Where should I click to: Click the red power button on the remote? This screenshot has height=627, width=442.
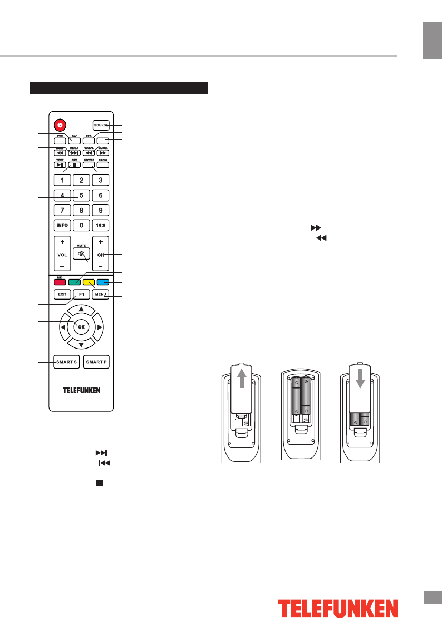coord(61,125)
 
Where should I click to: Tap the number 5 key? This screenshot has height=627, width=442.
coord(81,195)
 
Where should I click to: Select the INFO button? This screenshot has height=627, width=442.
coord(62,225)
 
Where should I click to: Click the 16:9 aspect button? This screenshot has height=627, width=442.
coord(100,225)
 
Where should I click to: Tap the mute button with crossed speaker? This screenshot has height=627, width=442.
coord(81,254)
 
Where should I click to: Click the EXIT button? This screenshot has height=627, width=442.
coord(62,294)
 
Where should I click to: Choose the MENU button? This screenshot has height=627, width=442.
coord(100,294)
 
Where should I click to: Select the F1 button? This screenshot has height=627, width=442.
coord(81,294)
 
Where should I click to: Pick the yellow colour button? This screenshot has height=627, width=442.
coord(88,282)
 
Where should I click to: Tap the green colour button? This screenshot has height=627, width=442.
coord(74,282)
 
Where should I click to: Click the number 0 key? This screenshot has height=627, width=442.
coord(81,225)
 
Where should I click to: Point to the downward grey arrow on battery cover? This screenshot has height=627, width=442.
coord(359,380)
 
